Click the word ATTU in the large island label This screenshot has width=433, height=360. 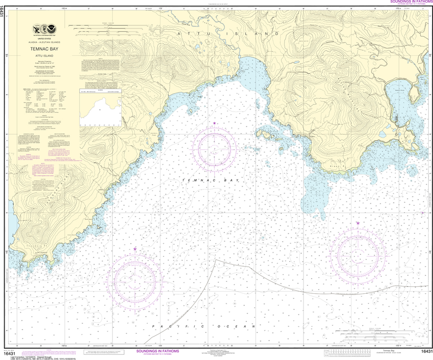[x=193, y=33]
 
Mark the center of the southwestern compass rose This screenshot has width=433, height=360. [x=134, y=279]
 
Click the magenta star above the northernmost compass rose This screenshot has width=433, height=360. [x=214, y=123]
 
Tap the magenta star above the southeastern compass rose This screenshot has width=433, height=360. [x=358, y=223]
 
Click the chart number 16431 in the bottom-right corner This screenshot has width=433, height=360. [x=426, y=352]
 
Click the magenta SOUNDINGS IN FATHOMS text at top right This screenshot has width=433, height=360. [x=409, y=2]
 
